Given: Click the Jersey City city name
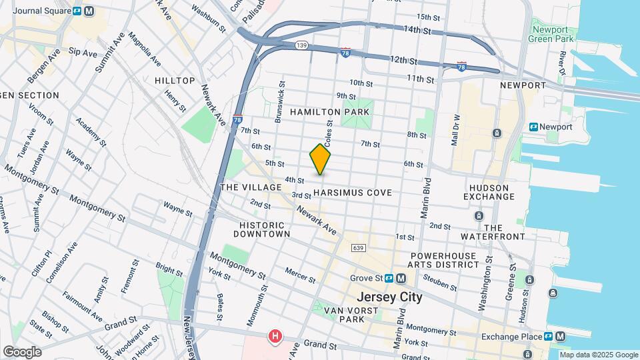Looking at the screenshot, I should [389, 297].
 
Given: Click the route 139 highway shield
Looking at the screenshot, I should [302, 45].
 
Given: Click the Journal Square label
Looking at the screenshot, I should [42, 11].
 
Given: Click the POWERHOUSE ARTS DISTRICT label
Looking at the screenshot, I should [443, 260].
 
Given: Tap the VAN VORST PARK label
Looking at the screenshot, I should [343, 315].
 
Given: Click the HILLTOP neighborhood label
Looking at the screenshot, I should [175, 81].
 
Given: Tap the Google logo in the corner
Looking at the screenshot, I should [22, 351].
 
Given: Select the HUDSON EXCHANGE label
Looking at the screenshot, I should [489, 192].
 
